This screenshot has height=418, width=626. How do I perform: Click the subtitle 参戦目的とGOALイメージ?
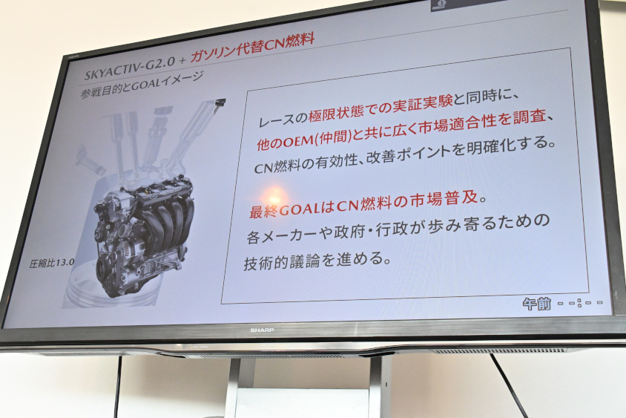[142, 85]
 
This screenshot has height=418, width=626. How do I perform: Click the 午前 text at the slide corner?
[536, 304]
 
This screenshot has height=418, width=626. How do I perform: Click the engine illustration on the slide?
[145, 230]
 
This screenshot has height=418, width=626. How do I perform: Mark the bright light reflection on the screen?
[272, 197]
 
